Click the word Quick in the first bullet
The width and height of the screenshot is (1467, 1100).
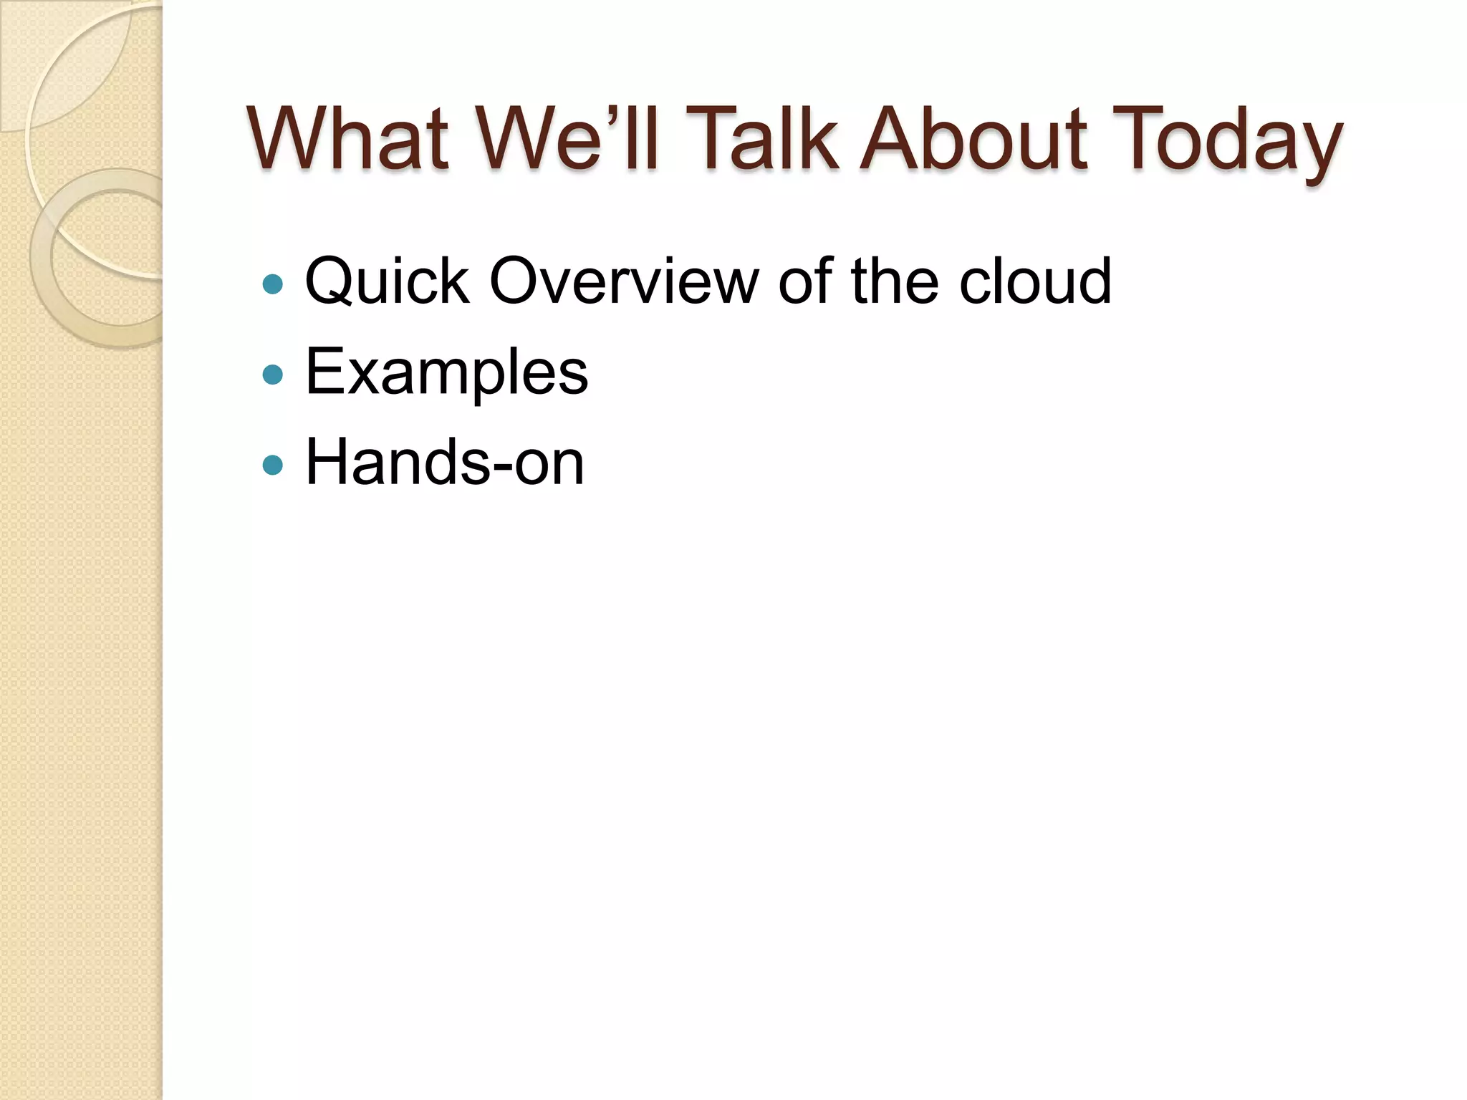tap(387, 281)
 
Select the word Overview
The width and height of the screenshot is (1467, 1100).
tap(623, 281)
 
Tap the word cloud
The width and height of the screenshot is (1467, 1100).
tap(1034, 281)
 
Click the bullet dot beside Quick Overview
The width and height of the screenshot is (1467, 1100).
tap(273, 284)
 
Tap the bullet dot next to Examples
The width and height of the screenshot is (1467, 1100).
tap(273, 375)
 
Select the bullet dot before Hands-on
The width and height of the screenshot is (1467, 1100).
tap(273, 465)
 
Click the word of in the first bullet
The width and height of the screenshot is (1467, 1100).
tap(805, 281)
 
